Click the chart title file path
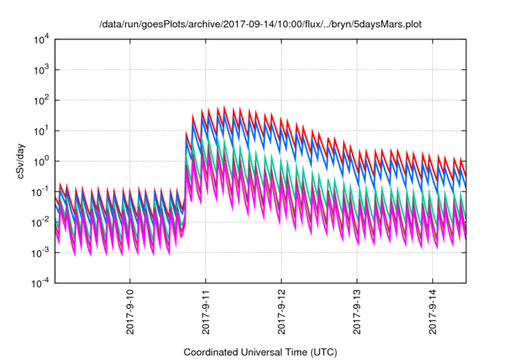(x=258, y=24)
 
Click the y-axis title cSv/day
(x=22, y=161)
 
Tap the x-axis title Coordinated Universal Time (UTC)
(x=259, y=352)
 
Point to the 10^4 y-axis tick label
(x=43, y=39)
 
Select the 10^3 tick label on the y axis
(x=43, y=69)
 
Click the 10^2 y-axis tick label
(x=43, y=100)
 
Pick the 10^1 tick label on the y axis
(x=43, y=130)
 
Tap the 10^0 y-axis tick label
(x=43, y=161)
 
